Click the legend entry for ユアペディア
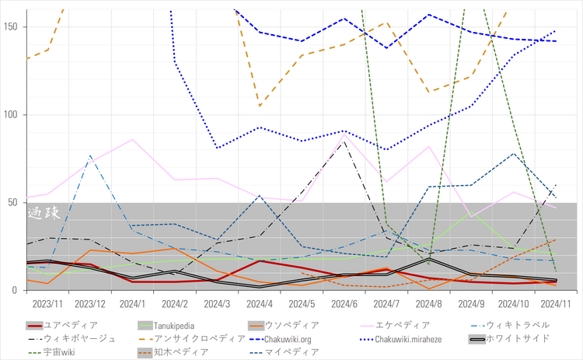point(71,325)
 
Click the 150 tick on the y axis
point(12,26)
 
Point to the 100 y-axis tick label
point(12,114)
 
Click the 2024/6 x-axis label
point(344,302)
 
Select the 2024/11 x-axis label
point(555,302)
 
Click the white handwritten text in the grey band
point(44,212)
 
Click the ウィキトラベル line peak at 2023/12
point(90,156)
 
